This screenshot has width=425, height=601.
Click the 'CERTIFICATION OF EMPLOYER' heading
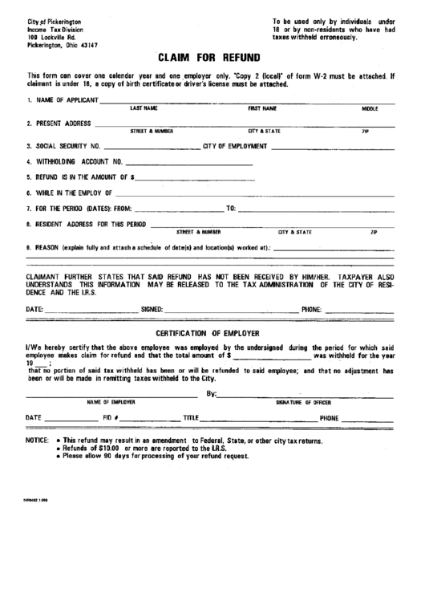point(212,332)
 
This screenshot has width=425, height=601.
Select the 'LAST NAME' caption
point(144,108)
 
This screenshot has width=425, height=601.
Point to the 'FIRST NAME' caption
point(262,108)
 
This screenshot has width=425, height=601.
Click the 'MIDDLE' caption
point(370,108)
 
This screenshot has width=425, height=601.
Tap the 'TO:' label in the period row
point(232,209)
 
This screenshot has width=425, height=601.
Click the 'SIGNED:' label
point(152,308)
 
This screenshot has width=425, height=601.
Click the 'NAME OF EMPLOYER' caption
point(111,401)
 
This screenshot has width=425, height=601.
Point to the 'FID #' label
point(111,418)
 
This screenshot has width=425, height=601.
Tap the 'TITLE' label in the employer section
point(191,418)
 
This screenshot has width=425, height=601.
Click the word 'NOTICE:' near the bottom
point(38,441)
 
